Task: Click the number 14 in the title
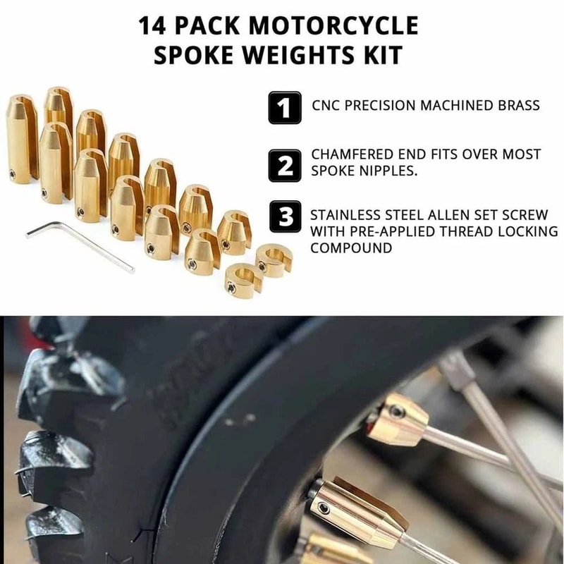tap(153, 26)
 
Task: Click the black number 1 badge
tap(285, 108)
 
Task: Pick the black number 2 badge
tap(285, 164)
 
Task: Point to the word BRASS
tap(517, 106)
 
